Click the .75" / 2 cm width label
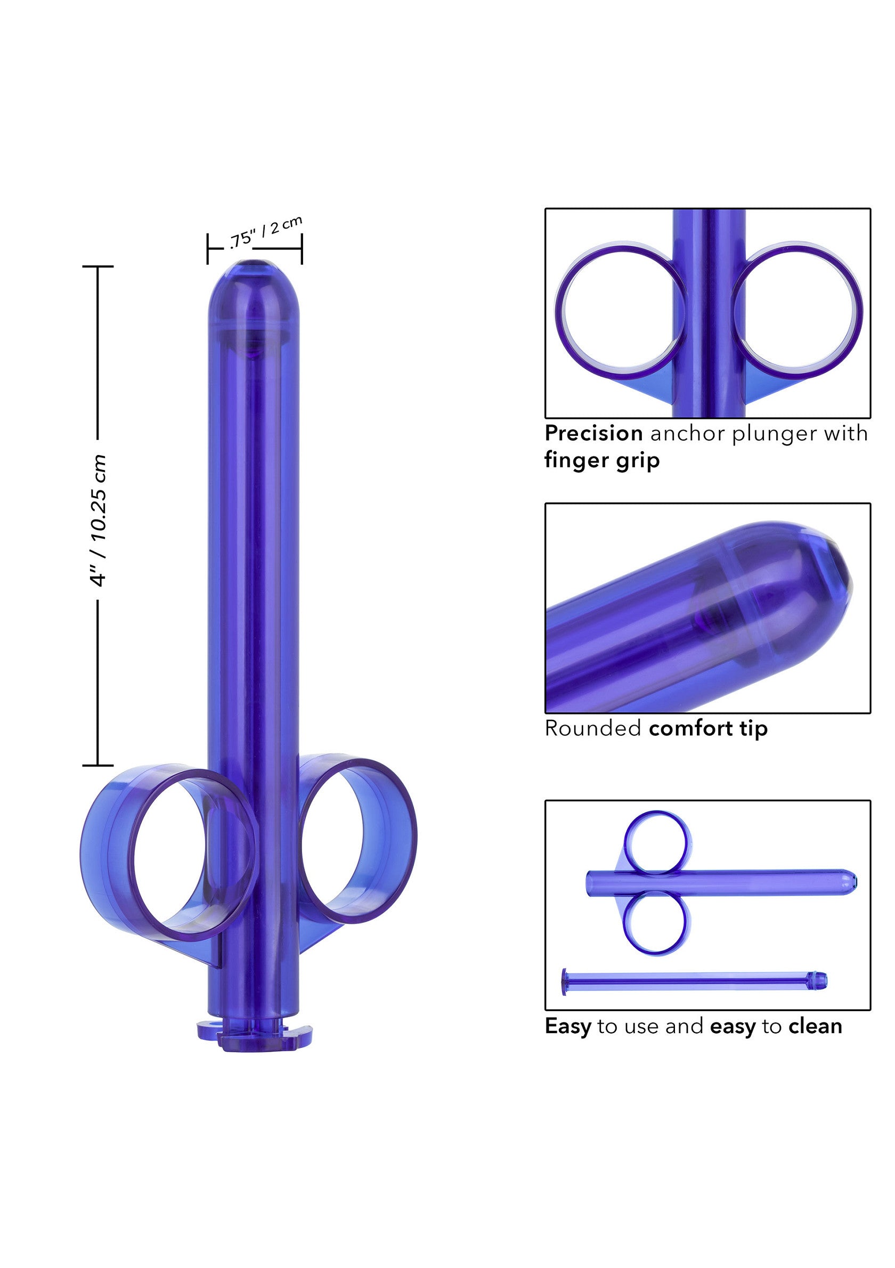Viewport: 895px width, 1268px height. tap(266, 232)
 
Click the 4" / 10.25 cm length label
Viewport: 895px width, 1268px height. tap(98, 520)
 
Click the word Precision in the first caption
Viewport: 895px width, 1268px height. tap(593, 434)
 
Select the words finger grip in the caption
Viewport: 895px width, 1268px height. tap(602, 460)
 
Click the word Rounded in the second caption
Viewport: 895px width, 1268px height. tap(592, 728)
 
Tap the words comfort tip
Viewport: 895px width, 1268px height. tap(708, 728)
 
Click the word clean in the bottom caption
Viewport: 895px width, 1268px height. tap(815, 1026)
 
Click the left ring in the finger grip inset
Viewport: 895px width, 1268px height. tap(621, 313)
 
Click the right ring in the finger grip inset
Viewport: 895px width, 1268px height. tap(797, 313)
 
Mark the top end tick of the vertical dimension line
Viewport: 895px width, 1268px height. tap(97, 266)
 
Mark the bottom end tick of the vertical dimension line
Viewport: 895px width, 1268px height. tap(97, 766)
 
